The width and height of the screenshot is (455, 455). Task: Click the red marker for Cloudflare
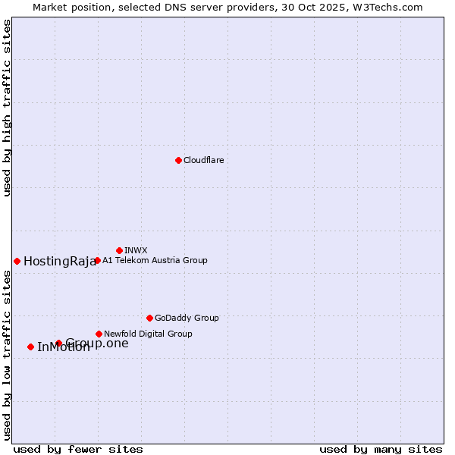(178, 160)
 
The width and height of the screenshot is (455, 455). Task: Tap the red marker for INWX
(119, 250)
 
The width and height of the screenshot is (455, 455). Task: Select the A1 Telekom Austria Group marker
(97, 260)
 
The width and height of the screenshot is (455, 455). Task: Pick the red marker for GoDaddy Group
(149, 318)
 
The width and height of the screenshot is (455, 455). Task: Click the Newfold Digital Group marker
(99, 334)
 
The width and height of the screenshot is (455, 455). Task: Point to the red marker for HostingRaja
(17, 261)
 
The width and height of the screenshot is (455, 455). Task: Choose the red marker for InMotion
(30, 347)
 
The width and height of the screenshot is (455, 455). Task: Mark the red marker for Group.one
(58, 343)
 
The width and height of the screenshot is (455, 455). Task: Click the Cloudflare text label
(203, 160)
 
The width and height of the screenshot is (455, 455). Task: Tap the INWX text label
(136, 250)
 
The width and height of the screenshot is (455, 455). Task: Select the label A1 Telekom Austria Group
(155, 260)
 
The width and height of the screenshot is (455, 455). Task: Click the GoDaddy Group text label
(187, 318)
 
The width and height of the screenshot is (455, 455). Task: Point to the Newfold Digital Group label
(148, 334)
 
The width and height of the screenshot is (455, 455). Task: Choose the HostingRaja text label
(60, 262)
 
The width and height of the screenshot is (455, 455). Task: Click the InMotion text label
(64, 348)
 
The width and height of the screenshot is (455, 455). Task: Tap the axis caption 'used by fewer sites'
(78, 449)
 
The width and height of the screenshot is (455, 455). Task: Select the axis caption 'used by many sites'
(381, 449)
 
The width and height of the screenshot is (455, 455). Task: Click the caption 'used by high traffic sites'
(8, 108)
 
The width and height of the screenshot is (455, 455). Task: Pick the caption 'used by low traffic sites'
(8, 355)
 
